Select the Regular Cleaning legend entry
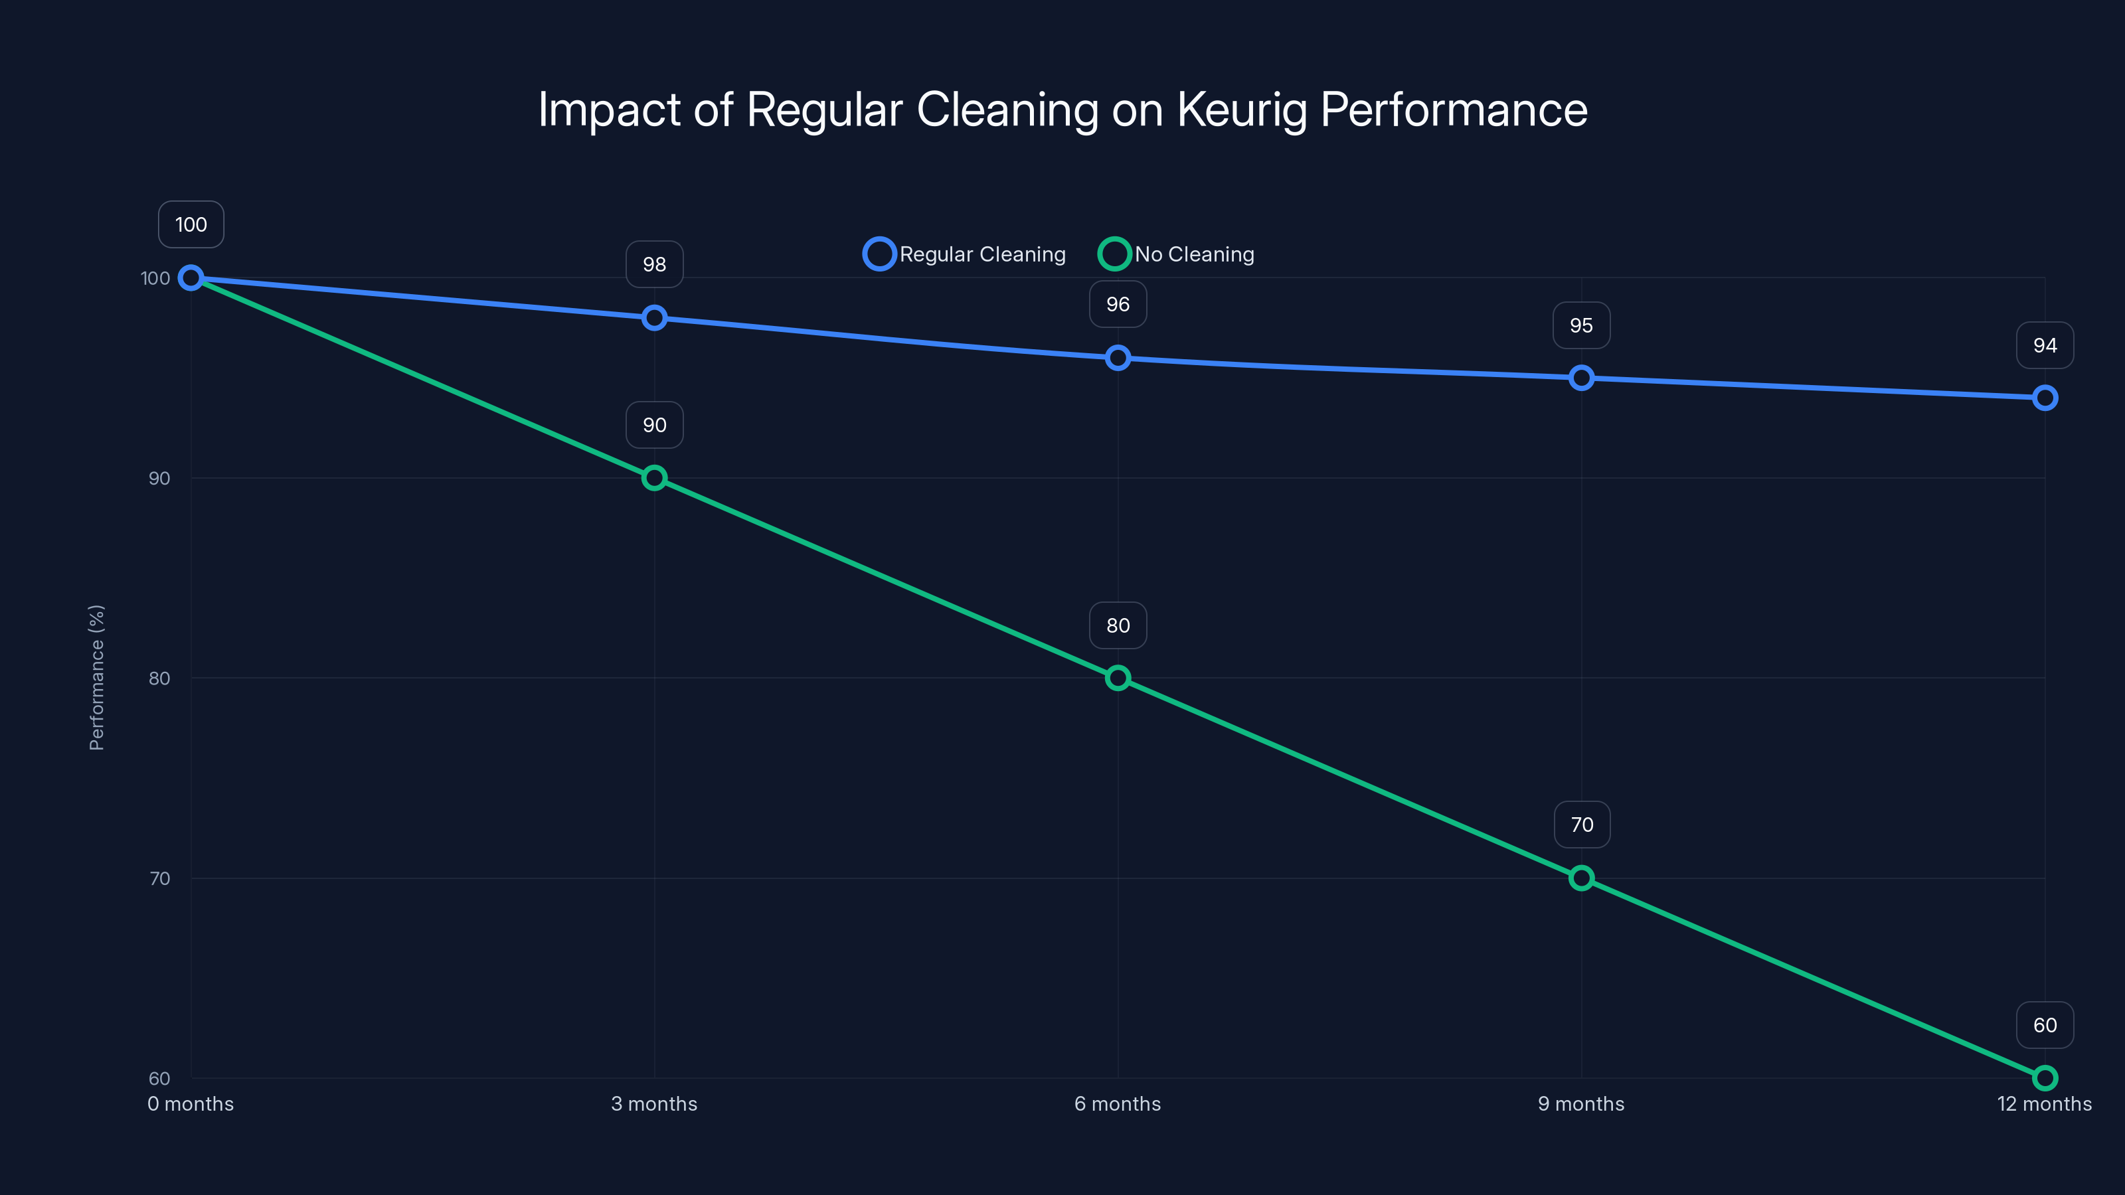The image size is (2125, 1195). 964,254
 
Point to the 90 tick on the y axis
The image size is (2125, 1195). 159,478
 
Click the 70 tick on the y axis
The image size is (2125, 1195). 159,878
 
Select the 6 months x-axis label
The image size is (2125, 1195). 1117,1103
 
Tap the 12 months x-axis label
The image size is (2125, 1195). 2043,1103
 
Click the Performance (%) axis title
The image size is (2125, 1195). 96,677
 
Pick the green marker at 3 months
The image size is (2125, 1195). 654,477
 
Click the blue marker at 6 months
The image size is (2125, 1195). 1118,358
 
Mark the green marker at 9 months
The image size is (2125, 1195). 1581,878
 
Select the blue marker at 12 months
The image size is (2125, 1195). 2045,398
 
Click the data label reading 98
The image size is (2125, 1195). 654,265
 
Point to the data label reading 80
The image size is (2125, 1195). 1118,626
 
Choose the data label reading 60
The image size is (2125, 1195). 2045,1025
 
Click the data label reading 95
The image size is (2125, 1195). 1581,326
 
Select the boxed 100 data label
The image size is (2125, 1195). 191,224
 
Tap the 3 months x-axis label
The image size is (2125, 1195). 654,1103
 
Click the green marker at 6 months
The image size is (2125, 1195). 1118,678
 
